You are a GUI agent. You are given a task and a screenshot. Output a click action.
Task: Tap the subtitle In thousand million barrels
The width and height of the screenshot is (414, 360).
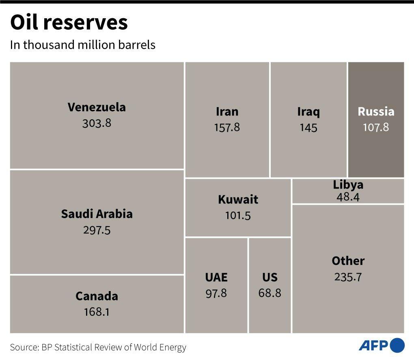pos(83,45)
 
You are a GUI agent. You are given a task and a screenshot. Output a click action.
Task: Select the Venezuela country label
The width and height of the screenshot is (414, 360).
pos(97,107)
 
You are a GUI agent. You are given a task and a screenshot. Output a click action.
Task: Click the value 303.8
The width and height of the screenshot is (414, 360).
pos(97,123)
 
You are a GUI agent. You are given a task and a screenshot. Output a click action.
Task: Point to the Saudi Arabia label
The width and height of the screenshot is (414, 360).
pos(97,214)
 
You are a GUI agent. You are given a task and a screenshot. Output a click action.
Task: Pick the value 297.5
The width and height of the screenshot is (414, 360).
pos(97,230)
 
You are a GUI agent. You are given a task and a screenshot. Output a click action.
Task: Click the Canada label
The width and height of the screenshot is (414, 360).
pos(97,296)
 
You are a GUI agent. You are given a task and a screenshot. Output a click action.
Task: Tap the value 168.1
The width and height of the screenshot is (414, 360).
pos(97,312)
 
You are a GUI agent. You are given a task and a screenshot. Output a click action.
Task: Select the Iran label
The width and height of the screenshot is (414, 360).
pos(227,111)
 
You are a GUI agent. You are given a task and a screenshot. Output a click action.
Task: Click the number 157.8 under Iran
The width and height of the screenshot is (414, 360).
pos(227,128)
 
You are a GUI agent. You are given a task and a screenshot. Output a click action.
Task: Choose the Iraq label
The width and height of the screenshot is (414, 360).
pos(308,111)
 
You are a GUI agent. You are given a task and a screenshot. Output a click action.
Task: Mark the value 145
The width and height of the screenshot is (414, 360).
pos(308,128)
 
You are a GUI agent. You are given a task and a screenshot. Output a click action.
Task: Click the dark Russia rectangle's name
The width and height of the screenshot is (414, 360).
pos(376,111)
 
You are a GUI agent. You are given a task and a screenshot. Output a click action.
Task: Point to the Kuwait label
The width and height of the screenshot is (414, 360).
pos(238,199)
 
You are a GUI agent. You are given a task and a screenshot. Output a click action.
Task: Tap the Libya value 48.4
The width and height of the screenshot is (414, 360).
pos(348,197)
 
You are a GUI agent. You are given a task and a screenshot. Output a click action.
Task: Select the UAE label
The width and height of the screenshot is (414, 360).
pos(216,277)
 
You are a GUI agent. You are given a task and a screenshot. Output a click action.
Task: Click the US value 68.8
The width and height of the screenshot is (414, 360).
pos(270,293)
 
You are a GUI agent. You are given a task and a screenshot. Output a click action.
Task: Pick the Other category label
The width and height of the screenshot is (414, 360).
pos(348,261)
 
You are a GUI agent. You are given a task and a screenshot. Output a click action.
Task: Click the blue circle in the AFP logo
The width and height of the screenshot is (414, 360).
pos(397,345)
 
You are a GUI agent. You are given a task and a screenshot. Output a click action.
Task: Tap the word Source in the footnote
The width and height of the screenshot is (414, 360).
pos(23,347)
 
